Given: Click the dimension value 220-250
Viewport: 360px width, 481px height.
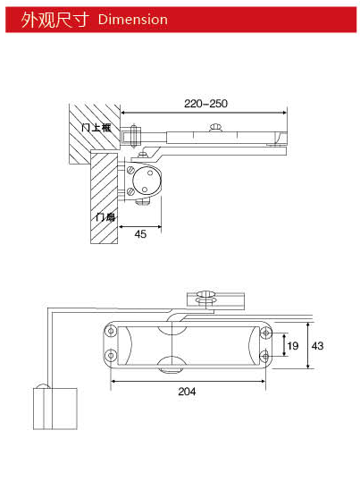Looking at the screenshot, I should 205,104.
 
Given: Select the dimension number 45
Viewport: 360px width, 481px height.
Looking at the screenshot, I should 140,233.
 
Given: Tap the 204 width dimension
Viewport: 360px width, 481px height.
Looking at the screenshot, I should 187,391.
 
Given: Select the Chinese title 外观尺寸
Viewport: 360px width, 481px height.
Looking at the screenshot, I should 55,19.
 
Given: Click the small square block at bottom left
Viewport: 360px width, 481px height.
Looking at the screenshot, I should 53,408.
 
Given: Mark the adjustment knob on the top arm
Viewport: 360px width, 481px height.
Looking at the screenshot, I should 213,131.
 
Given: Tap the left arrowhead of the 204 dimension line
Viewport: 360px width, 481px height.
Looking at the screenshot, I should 113,380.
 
